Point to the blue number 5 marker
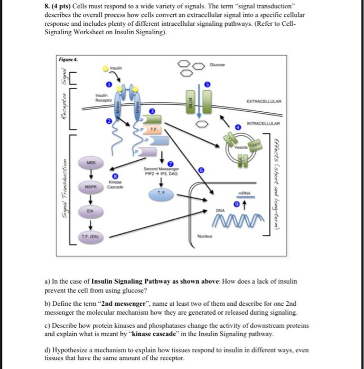click(x=208, y=84)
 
